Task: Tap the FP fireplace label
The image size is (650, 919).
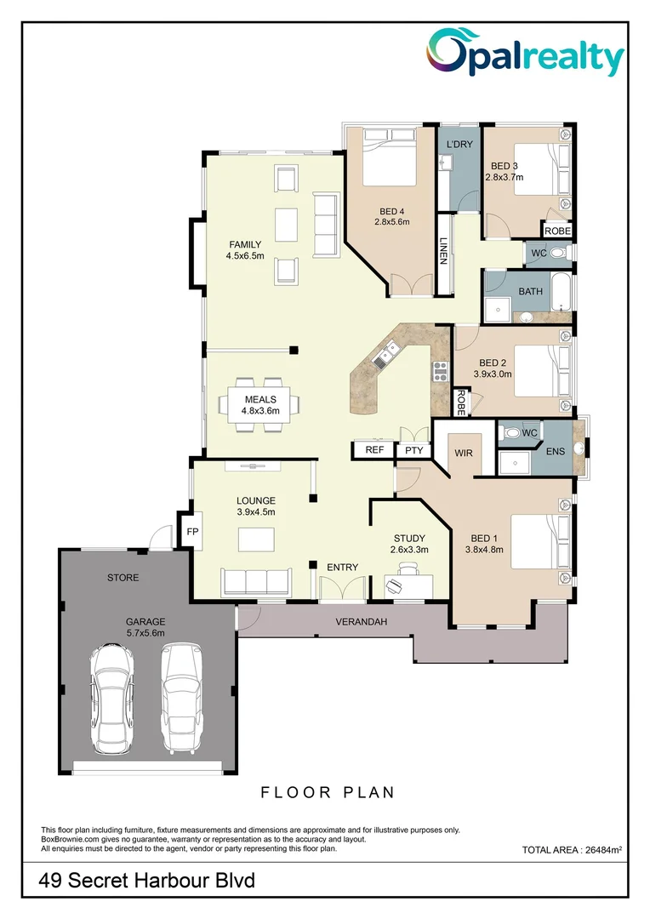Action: point(192,531)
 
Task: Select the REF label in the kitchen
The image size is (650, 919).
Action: point(373,450)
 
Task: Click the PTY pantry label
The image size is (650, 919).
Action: point(414,450)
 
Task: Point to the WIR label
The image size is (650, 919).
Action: point(464,454)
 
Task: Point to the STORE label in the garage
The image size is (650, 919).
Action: point(123,578)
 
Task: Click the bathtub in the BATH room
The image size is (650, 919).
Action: point(562,292)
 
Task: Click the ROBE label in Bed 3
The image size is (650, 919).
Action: point(557,231)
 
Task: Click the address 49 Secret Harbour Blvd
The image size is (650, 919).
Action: point(147,882)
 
